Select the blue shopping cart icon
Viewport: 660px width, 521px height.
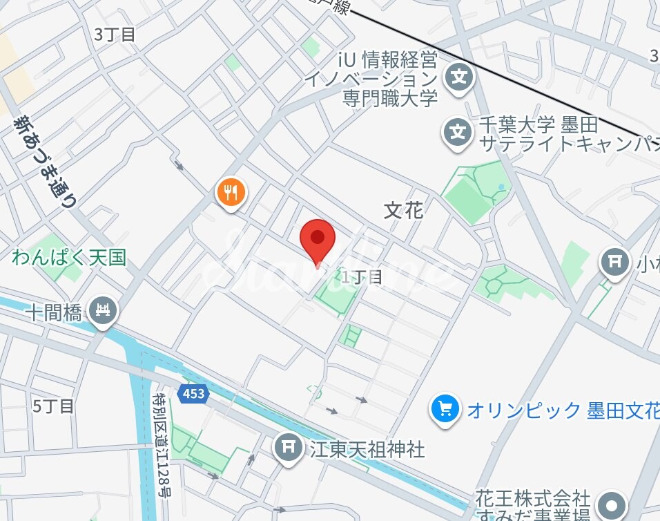pos(445,408)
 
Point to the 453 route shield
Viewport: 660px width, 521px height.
pos(194,393)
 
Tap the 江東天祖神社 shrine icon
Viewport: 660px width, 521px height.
pos(289,448)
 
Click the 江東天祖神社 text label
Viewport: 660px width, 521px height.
pos(367,450)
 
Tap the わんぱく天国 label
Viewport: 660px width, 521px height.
pos(69,258)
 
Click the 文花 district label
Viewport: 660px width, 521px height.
pos(403,210)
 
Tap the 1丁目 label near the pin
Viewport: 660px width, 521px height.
pos(362,277)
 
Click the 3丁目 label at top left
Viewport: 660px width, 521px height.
pos(115,35)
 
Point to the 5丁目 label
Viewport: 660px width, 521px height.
pos(53,406)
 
